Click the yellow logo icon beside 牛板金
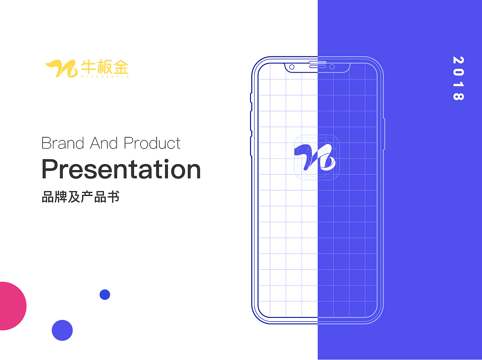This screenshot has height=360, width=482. (61, 68)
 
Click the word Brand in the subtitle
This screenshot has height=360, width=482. (63, 143)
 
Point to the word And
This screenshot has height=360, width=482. (104, 143)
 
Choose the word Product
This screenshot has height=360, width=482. (152, 143)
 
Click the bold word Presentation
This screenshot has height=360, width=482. (121, 169)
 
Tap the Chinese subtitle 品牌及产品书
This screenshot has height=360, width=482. (81, 197)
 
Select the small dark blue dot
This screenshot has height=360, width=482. (105, 295)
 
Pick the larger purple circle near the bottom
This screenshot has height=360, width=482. (62, 330)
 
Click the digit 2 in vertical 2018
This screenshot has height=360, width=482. (458, 60)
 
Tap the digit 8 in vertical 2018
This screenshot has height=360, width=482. (458, 96)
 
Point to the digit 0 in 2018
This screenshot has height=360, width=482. (458, 72)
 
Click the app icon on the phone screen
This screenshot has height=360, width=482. (317, 157)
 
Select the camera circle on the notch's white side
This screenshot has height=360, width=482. (291, 67)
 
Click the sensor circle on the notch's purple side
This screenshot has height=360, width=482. (332, 67)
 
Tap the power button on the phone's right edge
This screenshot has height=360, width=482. (384, 134)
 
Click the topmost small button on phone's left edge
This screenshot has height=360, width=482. (251, 97)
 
